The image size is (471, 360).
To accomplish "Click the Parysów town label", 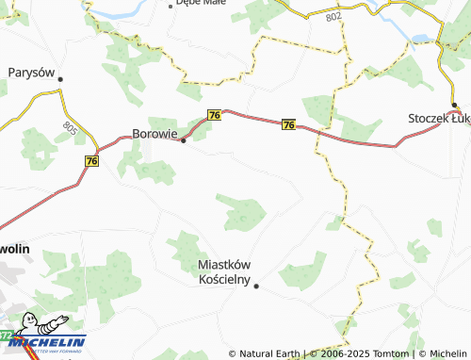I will pyautogui.click(x=32, y=72).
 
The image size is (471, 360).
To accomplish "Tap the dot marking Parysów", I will pyautogui.click(x=60, y=79).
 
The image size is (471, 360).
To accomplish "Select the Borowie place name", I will pyautogui.click(x=154, y=134).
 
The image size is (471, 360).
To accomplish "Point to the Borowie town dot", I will pyautogui.click(x=183, y=141).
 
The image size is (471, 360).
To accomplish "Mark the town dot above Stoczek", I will pyautogui.click(x=453, y=106).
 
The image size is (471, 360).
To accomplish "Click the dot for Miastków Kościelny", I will pyautogui.click(x=256, y=285).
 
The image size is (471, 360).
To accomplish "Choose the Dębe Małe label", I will pyautogui.click(x=203, y=4).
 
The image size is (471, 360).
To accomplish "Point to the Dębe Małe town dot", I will pyautogui.click(x=171, y=5).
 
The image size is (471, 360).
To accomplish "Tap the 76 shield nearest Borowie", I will pyautogui.click(x=215, y=115).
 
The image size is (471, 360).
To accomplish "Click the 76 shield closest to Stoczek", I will pyautogui.click(x=288, y=124).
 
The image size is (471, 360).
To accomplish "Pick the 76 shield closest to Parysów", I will pyautogui.click(x=91, y=161).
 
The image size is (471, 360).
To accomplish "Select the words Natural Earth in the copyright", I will pyautogui.click(x=270, y=353).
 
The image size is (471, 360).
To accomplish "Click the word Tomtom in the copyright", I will pyautogui.click(x=388, y=353).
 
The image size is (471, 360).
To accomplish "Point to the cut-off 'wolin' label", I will pyautogui.click(x=15, y=248).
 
